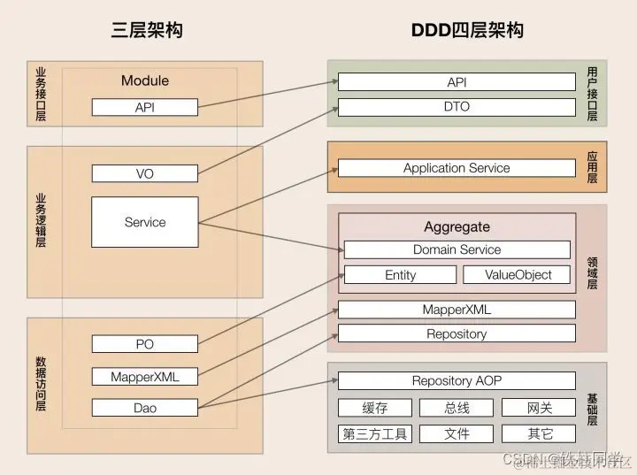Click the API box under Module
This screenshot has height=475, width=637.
pyautogui.click(x=145, y=107)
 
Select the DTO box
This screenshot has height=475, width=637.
pyautogui.click(x=457, y=107)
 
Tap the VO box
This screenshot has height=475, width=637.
pyautogui.click(x=145, y=173)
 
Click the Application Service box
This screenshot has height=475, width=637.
pyautogui.click(x=457, y=168)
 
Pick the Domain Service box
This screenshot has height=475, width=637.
pyautogui.click(x=457, y=249)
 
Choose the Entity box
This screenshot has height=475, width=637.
pyautogui.click(x=400, y=275)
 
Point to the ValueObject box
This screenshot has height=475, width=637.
pyautogui.click(x=518, y=275)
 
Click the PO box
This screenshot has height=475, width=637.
pyautogui.click(x=145, y=343)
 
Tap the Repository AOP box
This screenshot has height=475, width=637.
pyautogui.click(x=457, y=380)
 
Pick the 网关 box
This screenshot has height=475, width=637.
pyautogui.click(x=539, y=408)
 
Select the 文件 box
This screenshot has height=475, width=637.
pyautogui.click(x=457, y=433)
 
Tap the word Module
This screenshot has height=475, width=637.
pyautogui.click(x=145, y=80)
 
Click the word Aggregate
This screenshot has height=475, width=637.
pyautogui.click(x=457, y=227)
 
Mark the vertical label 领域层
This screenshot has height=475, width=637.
pyautogui.click(x=592, y=272)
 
